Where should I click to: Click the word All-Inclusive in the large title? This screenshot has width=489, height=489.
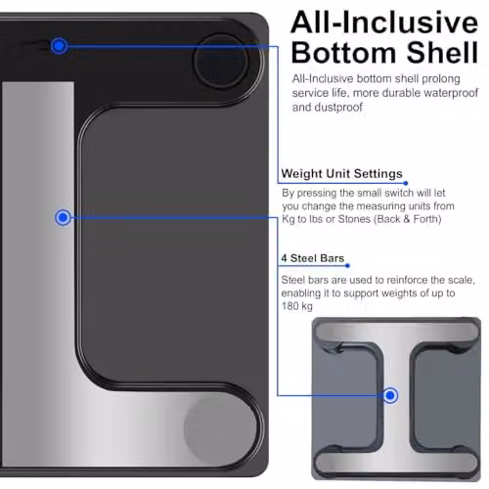coord(384,22)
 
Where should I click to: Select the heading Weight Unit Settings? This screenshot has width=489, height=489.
coord(341,173)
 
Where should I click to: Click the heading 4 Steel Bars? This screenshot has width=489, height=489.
coord(313,258)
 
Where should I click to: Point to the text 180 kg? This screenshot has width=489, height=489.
coord(296,306)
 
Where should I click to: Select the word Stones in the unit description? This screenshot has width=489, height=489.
coord(354,219)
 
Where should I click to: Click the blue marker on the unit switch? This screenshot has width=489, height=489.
coord(59,46)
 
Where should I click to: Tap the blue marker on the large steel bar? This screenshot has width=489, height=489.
coord(63,217)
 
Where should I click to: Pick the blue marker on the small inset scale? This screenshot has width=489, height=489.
coord(390,395)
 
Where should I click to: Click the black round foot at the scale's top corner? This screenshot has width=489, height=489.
coord(221,62)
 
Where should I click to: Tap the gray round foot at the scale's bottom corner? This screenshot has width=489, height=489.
coord(217,429)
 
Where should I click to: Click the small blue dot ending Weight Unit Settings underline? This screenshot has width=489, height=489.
coord(406,183)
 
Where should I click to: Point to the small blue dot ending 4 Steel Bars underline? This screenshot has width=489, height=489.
coord(347,266)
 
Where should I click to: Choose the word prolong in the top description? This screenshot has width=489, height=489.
coord(441,79)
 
